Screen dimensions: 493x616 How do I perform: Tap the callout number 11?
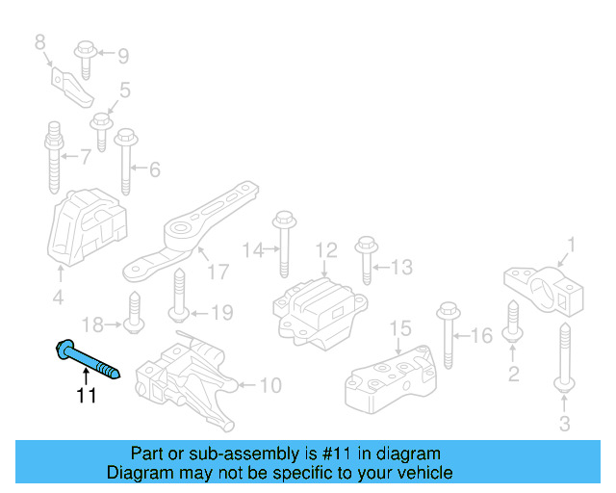[88, 396]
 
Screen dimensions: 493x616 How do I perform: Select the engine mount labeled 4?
[86, 229]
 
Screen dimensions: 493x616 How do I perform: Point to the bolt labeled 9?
[84, 59]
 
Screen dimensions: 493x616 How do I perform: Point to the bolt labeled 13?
[366, 259]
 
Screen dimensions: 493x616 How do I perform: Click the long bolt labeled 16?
[448, 336]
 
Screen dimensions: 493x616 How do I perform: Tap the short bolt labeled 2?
[513, 323]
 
